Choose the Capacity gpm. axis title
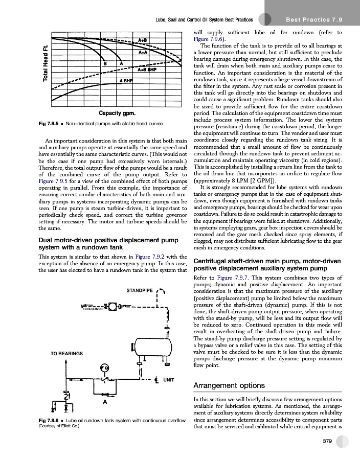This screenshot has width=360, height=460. point(117,127)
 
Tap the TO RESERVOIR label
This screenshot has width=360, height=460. point(93,309)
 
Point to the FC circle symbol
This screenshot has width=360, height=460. point(104,368)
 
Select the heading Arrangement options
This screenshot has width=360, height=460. point(230,385)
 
